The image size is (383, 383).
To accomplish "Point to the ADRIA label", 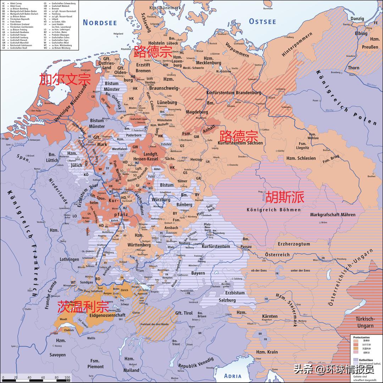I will click(x=233, y=376).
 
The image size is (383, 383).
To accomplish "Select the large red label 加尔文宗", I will click(x=65, y=79).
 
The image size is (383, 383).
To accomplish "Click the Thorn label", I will click(x=353, y=68).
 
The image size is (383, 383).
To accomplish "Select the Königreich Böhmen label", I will click(x=273, y=210).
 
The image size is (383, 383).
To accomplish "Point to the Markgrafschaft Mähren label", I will click(x=333, y=215).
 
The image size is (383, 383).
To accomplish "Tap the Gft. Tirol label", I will click(x=184, y=313).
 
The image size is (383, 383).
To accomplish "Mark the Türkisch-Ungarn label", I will click(x=365, y=322).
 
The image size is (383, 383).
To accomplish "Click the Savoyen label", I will click(x=57, y=355).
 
